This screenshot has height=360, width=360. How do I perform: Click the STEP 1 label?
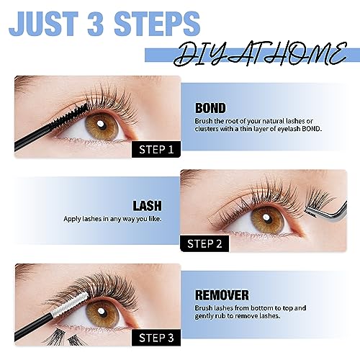click(x=156, y=150)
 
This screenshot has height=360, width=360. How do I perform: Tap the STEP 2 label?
click(x=204, y=243)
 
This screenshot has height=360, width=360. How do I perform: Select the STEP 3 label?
click(x=156, y=338)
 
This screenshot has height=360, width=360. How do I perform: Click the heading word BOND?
click(x=210, y=108)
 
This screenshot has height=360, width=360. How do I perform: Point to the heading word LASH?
click(x=148, y=206)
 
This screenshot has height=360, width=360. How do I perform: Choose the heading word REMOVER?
click(x=222, y=295)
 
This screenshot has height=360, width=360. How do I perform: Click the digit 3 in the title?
click(x=96, y=24)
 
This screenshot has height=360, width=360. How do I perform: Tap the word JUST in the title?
click(x=44, y=24)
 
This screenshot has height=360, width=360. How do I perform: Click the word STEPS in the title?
click(x=157, y=24)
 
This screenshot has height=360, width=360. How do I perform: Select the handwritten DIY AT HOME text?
click(x=261, y=55)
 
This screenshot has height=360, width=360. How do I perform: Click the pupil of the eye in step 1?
click(x=101, y=125)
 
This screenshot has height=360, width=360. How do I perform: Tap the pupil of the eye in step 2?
click(x=266, y=218)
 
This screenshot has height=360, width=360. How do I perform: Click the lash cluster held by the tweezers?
click(x=319, y=200)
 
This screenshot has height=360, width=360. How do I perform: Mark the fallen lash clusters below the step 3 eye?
click(x=63, y=337)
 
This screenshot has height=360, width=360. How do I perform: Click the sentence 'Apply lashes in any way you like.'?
click(x=112, y=219)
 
